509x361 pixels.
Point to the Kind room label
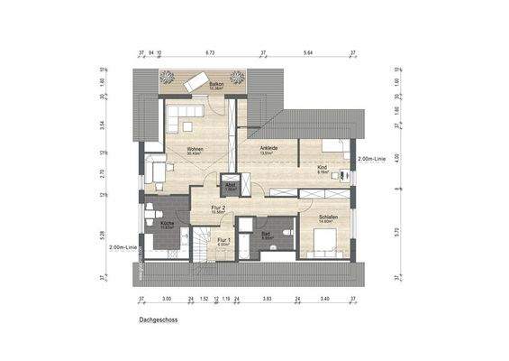[322, 168]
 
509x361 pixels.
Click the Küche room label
[168, 223]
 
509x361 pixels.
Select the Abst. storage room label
[231, 187]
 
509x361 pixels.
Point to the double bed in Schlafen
[324, 238]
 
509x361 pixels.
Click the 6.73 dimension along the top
[210, 53]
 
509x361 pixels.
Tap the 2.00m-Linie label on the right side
[371, 159]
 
